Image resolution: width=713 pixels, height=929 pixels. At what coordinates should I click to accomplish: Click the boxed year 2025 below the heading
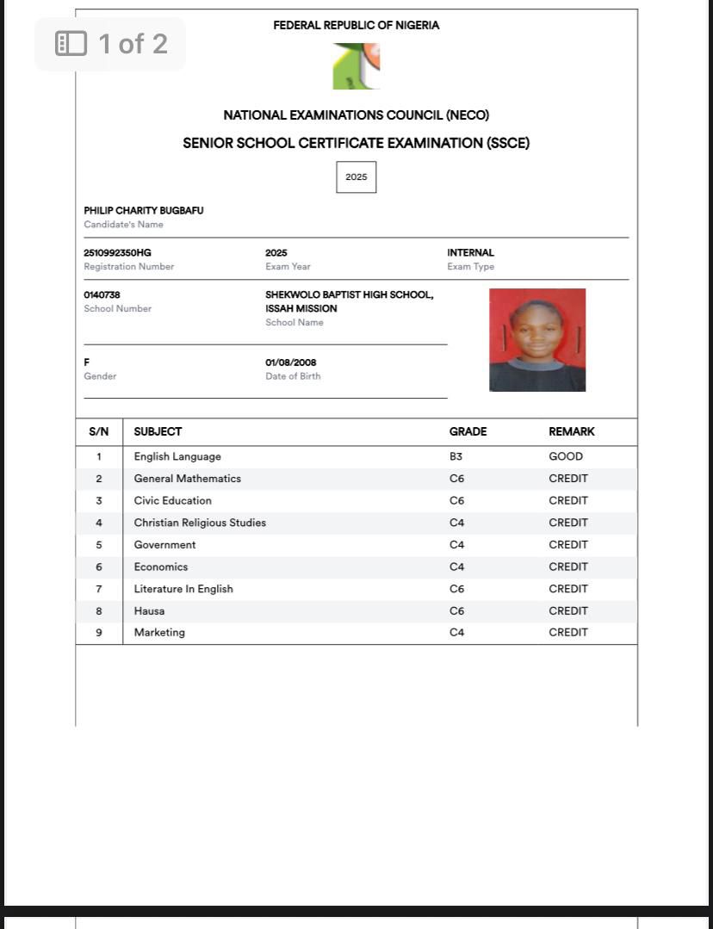356,177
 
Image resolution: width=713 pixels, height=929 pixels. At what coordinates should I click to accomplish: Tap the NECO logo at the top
356,66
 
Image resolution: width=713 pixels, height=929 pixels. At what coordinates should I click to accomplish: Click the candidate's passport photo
537,340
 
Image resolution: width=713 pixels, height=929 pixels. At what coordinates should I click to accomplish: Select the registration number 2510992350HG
117,253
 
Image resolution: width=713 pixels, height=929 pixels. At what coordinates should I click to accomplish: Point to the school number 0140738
102,295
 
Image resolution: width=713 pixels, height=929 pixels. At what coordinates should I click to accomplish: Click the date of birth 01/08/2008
290,362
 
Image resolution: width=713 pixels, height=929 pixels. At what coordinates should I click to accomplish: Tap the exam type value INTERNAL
470,253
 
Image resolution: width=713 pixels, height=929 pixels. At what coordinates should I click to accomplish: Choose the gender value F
87,362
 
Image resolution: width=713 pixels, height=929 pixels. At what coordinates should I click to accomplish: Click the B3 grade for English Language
456,457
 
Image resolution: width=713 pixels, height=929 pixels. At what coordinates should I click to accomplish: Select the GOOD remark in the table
566,457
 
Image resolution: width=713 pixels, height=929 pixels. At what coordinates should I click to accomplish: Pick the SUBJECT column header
158,432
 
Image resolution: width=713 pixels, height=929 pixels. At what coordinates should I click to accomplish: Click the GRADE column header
468,432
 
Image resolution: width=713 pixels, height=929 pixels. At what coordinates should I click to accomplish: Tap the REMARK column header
572,432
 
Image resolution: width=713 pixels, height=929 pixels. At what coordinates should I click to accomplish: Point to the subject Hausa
149,611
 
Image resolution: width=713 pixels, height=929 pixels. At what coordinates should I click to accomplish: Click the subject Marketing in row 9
159,633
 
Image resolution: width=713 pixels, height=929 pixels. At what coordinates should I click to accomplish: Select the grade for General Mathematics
456,479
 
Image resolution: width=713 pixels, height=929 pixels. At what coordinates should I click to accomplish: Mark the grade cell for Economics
456,567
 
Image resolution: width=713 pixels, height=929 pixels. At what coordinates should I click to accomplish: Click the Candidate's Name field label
123,225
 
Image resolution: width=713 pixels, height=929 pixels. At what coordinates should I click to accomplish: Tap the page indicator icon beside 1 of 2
71,44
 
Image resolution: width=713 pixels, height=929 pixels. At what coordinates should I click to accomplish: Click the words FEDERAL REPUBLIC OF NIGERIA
356,26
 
